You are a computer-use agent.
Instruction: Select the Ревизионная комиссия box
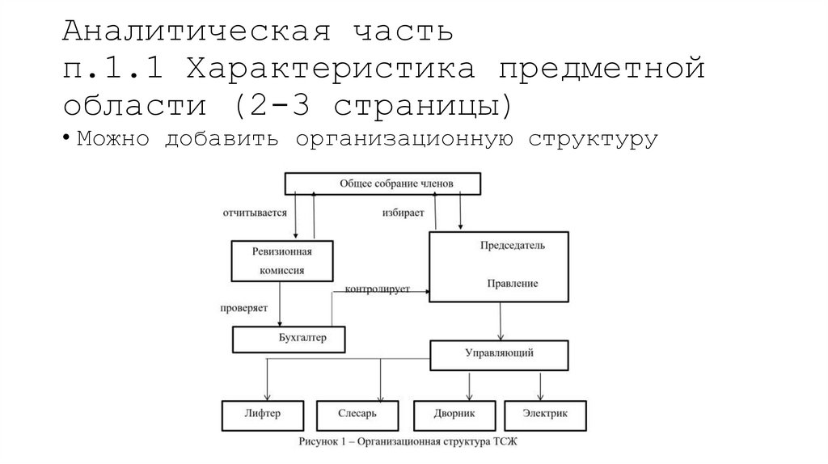(x=272, y=261)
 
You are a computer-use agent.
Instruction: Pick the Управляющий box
(x=499, y=354)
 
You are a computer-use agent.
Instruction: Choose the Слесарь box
(x=357, y=414)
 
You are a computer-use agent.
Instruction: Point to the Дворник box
(x=454, y=414)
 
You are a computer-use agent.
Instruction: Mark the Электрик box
(x=545, y=414)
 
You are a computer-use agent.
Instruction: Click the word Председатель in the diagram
(x=513, y=245)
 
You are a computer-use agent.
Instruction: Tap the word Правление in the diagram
(x=513, y=284)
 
